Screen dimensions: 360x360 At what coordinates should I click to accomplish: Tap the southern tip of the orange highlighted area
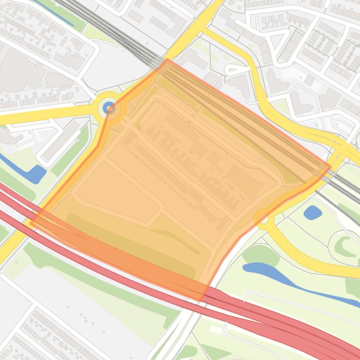[200, 300]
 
